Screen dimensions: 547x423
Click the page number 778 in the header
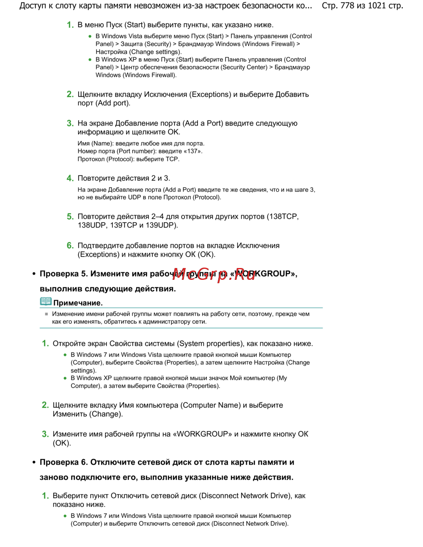click(x=348, y=6)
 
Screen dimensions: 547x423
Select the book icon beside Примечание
click(x=46, y=301)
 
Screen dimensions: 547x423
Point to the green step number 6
click(x=70, y=246)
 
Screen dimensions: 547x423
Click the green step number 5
click(x=70, y=217)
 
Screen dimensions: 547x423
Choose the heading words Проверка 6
click(x=63, y=462)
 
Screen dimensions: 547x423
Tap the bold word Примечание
click(x=78, y=303)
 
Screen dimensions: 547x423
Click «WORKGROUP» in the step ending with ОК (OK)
click(x=202, y=434)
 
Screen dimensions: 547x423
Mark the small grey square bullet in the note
click(x=47, y=314)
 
